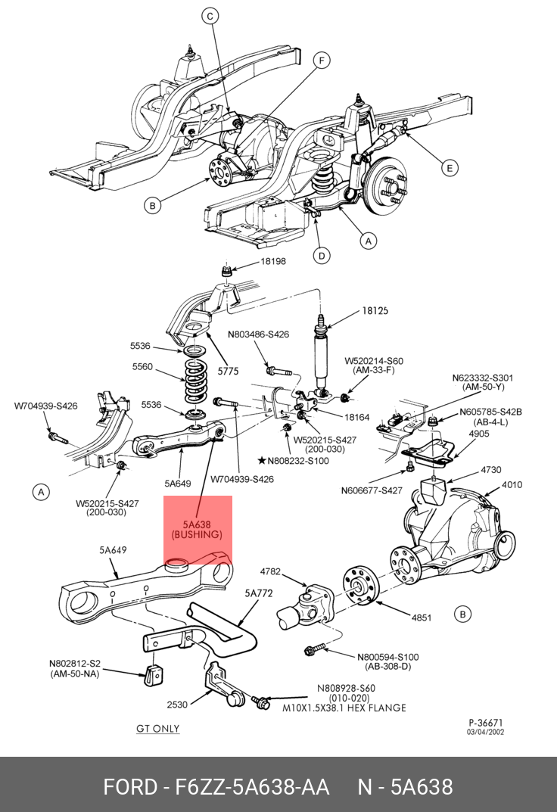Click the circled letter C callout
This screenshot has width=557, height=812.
210,17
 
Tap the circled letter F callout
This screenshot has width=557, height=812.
322,61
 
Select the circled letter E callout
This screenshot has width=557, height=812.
450,168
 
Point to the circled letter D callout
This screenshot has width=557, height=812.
322,255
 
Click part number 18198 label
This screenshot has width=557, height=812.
272,262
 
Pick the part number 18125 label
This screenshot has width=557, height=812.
375,311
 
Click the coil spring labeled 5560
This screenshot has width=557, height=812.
195,381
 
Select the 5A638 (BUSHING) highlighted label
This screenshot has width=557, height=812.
197,529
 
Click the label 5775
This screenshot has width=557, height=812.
228,372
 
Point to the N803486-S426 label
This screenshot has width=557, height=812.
258,334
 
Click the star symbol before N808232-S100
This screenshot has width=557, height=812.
262,460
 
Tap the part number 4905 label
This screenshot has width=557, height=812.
479,434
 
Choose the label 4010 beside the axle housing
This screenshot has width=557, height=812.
512,485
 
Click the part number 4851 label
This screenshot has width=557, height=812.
422,618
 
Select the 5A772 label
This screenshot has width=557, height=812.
259,593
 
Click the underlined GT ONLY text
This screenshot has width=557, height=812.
158,729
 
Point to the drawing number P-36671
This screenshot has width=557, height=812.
486,723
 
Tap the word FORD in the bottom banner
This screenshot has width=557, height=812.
130,787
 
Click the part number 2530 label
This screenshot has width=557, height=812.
177,705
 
